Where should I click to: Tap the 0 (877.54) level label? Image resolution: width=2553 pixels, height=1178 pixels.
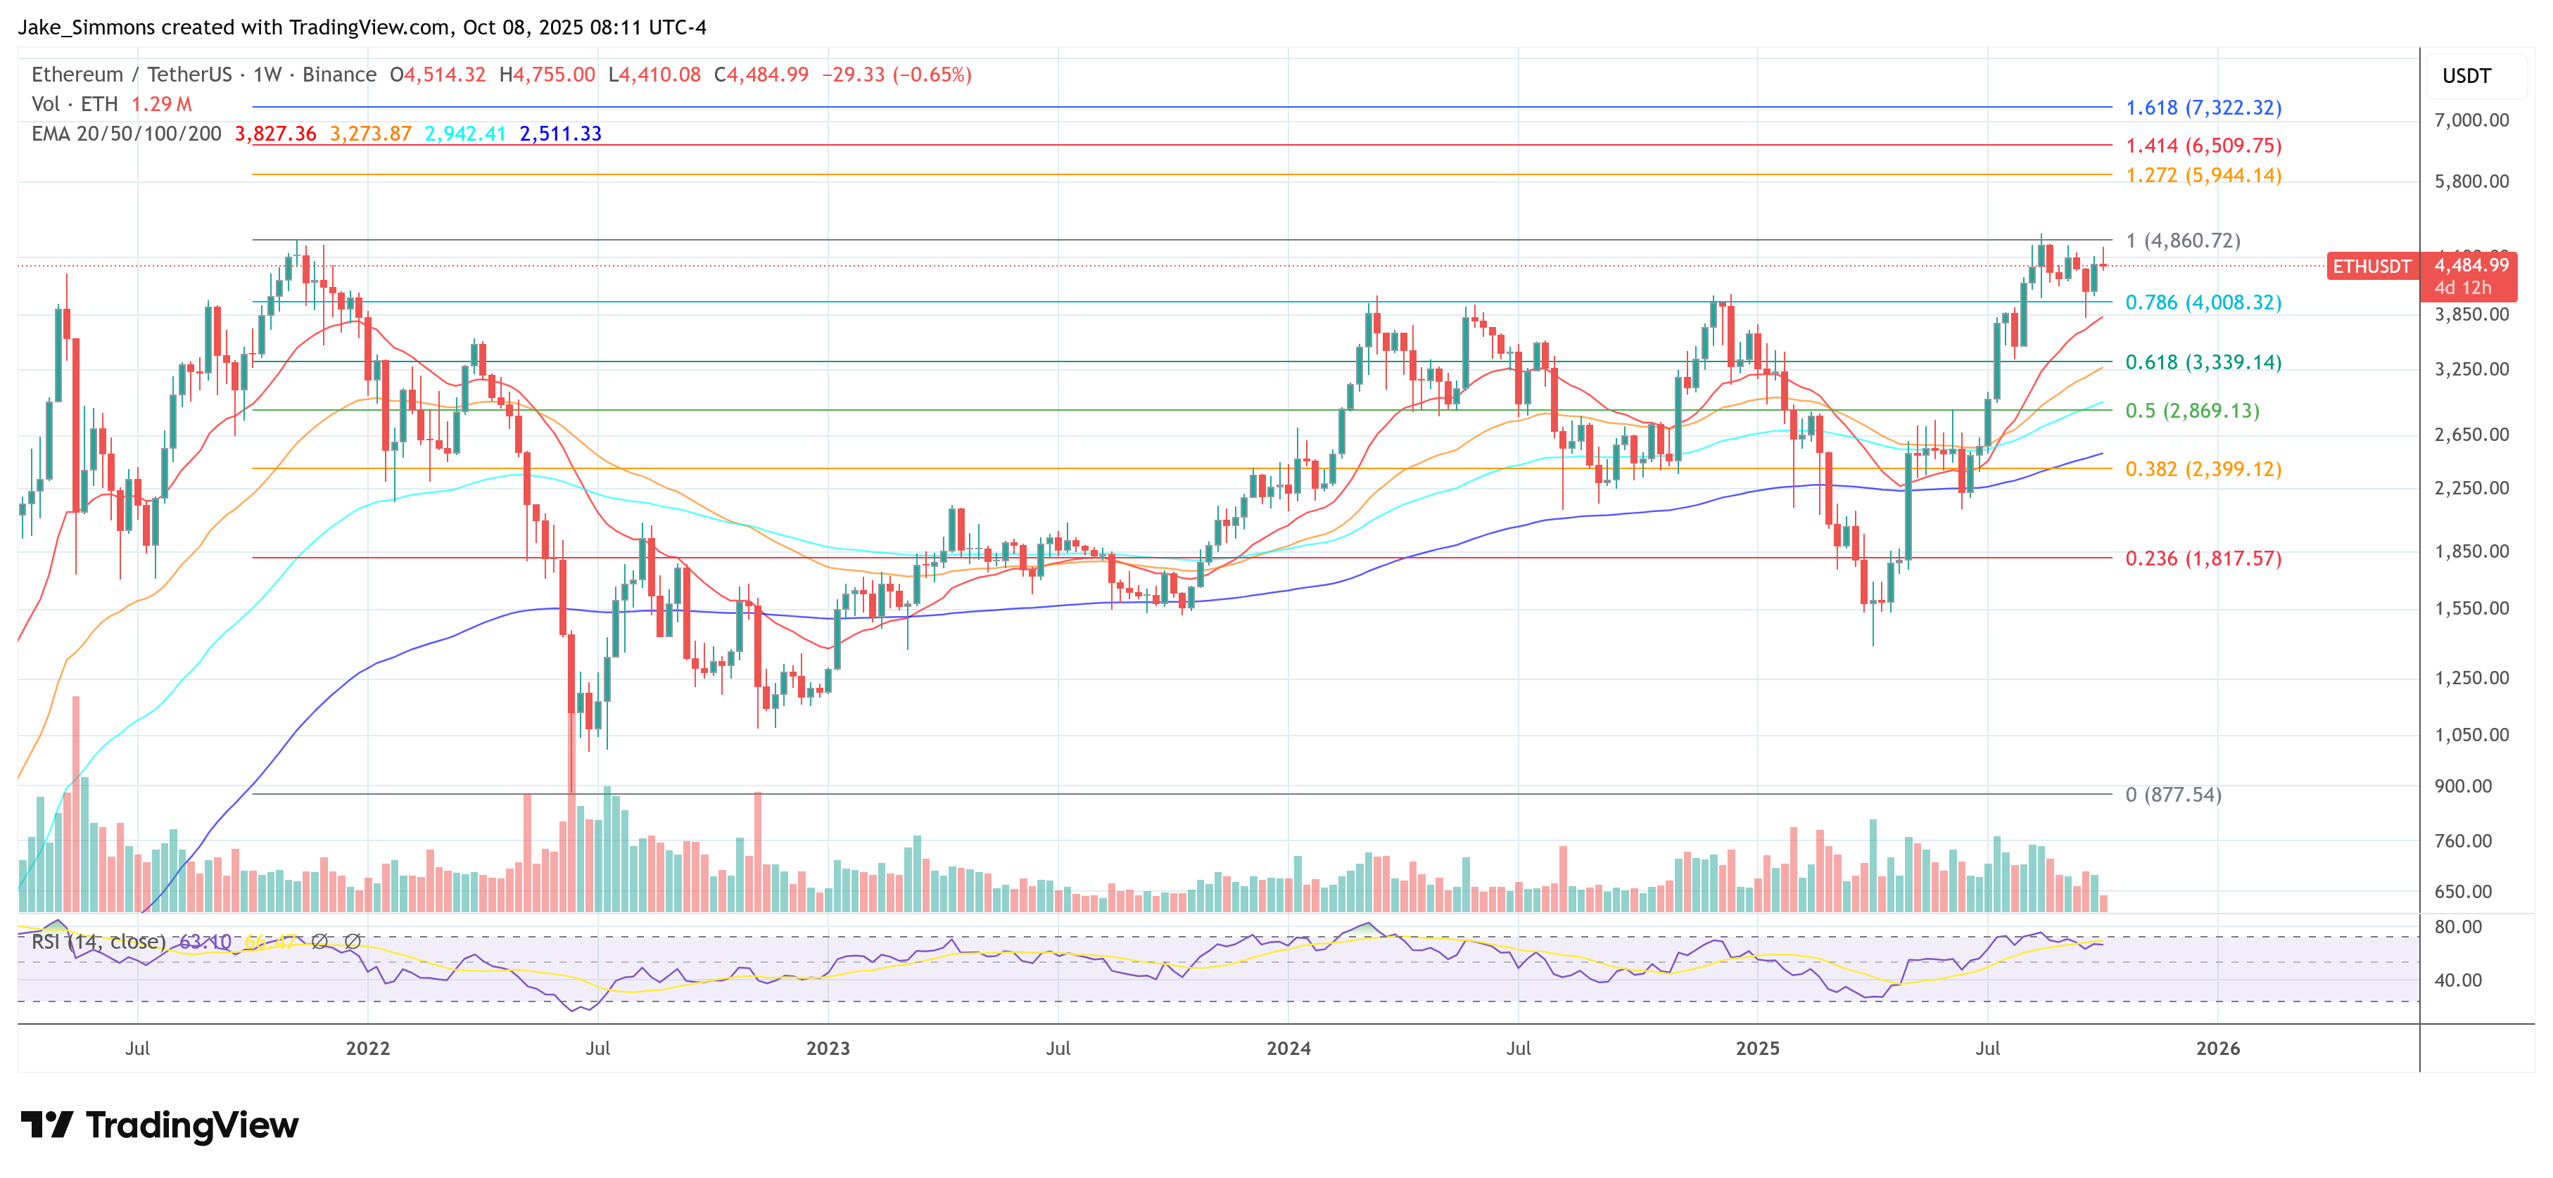[2172, 795]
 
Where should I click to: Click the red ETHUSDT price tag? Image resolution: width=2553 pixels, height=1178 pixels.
[2371, 267]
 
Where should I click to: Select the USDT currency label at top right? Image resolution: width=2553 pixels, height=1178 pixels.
[2466, 76]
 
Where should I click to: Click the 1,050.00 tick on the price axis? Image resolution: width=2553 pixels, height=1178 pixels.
[2472, 735]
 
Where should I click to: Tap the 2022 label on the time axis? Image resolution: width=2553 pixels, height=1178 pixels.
[368, 1048]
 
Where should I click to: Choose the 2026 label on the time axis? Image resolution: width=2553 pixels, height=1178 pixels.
[2217, 1048]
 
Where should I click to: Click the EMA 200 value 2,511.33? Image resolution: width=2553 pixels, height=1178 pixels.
[560, 134]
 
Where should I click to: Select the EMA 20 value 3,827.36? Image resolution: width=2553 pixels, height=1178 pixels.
[276, 134]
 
